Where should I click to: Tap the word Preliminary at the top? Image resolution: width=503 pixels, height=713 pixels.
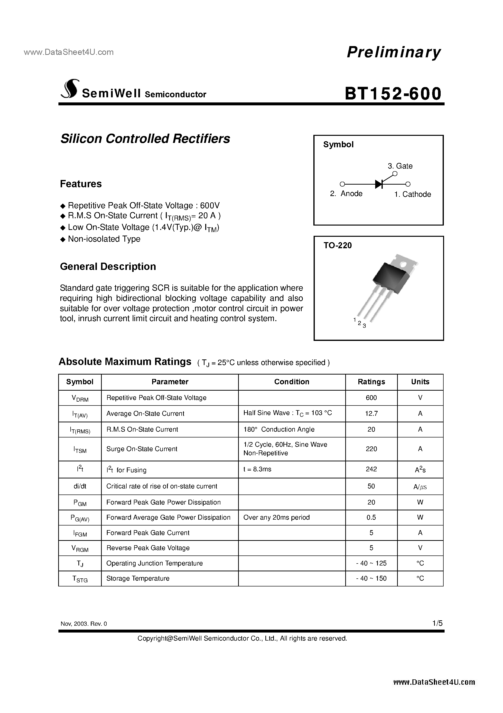pyautogui.click(x=393, y=52)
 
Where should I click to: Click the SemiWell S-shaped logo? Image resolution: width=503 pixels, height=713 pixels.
pyautogui.click(x=69, y=89)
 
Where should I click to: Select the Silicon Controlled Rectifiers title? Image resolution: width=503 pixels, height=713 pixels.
pyautogui.click(x=145, y=139)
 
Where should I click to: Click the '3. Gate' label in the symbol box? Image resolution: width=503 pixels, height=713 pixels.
pyautogui.click(x=400, y=166)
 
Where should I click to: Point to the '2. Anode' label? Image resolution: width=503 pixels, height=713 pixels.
pyautogui.click(x=346, y=194)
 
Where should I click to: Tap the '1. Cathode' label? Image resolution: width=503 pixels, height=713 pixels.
pyautogui.click(x=412, y=194)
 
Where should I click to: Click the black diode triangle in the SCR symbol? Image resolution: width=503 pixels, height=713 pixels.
pyautogui.click(x=378, y=184)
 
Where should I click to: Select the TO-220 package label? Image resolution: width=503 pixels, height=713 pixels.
pyautogui.click(x=338, y=246)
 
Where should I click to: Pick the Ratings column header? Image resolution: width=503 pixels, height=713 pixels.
pyautogui.click(x=371, y=382)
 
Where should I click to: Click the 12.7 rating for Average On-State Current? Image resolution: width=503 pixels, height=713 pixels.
pyautogui.click(x=371, y=414)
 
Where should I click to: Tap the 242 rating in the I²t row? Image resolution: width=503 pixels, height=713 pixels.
pyautogui.click(x=371, y=469)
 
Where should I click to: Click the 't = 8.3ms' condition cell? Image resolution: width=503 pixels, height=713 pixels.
pyautogui.click(x=257, y=469)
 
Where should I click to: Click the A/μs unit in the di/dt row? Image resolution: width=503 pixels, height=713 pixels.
pyautogui.click(x=420, y=487)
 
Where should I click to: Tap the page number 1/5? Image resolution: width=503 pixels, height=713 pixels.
pyautogui.click(x=438, y=623)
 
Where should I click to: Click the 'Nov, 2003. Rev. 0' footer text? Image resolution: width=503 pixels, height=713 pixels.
pyautogui.click(x=84, y=624)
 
